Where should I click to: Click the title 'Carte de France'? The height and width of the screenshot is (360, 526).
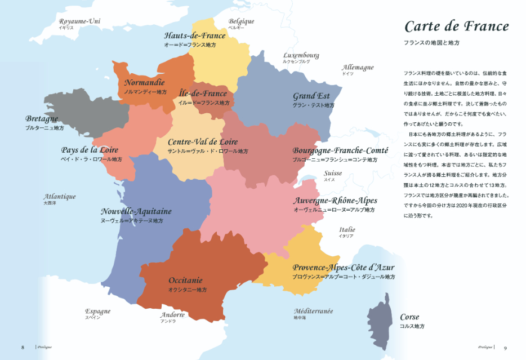coord(457,26)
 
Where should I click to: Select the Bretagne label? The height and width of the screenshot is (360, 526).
coord(42,119)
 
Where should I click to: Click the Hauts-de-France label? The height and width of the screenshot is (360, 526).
coord(194,35)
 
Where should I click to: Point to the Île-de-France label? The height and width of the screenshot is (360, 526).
coord(203,94)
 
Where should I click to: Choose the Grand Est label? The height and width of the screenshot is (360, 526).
coord(311,96)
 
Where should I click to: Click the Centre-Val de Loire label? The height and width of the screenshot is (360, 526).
coord(203,142)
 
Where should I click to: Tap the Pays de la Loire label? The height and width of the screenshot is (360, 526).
coord(90,150)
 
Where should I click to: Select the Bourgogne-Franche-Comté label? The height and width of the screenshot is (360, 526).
coord(340,150)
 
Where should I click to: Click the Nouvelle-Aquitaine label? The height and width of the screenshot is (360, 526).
coord(136,211)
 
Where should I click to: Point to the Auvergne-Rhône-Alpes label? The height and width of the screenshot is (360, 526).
coord(335,201)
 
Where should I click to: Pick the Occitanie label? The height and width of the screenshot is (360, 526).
coord(185,280)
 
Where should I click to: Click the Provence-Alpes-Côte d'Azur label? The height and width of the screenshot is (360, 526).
coord(343,268)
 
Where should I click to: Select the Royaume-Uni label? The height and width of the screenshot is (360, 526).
coord(79,22)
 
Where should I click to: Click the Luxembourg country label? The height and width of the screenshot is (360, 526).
coord(301,55)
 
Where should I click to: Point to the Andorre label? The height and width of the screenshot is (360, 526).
coord(172,315)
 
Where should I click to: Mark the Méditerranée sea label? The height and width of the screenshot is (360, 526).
coord(313,311)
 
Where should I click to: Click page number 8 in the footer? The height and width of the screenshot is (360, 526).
coord(23,347)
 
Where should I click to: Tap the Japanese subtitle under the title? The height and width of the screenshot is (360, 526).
coord(432,43)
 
